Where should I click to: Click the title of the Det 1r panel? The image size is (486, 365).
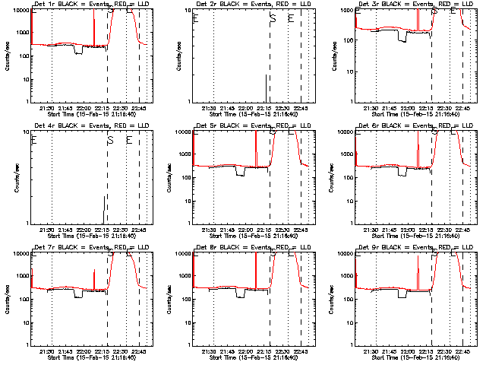(90, 5)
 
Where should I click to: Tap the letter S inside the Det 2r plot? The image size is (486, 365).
(273, 20)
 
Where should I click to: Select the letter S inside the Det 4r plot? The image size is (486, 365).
(110, 141)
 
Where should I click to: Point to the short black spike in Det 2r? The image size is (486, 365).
(266, 87)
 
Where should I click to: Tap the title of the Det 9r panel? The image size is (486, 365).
(413, 249)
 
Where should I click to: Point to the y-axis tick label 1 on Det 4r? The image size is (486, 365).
(27, 223)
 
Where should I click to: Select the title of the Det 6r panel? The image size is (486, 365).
(413, 127)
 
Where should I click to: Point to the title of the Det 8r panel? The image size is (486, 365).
(251, 249)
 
